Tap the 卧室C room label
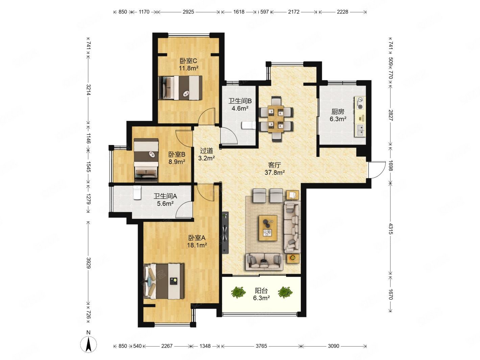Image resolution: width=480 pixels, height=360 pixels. click(x=189, y=61)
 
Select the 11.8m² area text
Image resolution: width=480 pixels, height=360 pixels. click(x=189, y=68)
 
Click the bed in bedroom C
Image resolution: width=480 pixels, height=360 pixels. click(x=180, y=88)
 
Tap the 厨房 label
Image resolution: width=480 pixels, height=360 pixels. click(x=338, y=112)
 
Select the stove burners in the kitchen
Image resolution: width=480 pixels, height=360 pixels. click(x=360, y=103)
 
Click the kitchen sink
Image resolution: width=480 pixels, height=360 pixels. click(x=360, y=130)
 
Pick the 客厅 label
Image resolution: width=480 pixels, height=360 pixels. click(x=274, y=165)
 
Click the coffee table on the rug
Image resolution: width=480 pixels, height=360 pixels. click(x=268, y=228)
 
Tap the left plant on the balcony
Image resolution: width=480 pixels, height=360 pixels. click(x=238, y=292)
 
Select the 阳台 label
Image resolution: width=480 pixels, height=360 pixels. click(x=261, y=291)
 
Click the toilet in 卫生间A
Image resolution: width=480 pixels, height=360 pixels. click(x=137, y=192)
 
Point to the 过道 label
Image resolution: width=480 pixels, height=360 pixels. click(x=207, y=151)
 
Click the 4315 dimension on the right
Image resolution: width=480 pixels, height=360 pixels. click(x=391, y=229)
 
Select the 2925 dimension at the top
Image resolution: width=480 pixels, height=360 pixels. click(x=188, y=12)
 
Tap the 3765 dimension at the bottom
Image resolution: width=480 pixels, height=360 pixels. click(x=261, y=346)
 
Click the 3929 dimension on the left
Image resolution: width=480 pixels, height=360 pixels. click(x=89, y=263)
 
